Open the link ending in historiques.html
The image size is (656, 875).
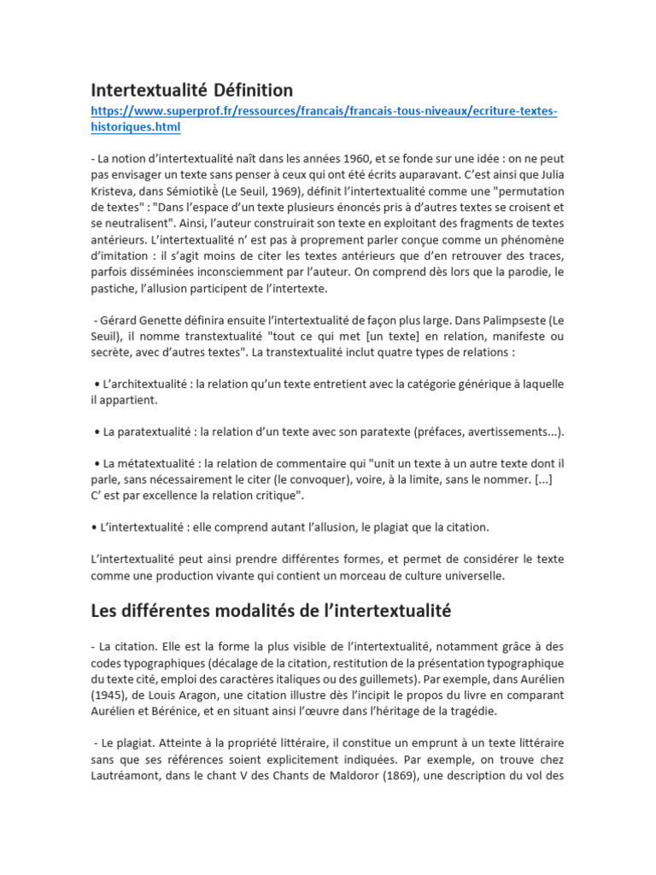(136, 126)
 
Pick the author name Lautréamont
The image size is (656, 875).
(129, 776)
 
